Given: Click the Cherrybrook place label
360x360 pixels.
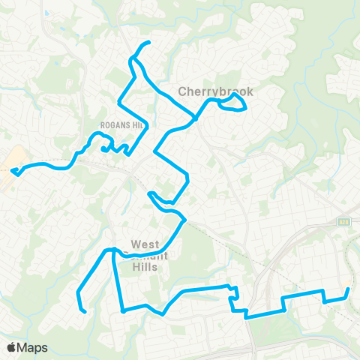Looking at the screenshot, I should point(215,91).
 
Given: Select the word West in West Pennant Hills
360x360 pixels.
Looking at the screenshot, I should point(145,244).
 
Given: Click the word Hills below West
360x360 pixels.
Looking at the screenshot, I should point(145,266).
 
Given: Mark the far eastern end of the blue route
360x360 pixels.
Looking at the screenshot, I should point(348,289).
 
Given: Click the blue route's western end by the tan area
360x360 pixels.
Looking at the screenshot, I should point(13,171).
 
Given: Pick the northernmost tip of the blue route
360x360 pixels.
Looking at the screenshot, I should point(150,42).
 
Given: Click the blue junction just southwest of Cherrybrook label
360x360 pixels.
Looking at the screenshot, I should point(196,118).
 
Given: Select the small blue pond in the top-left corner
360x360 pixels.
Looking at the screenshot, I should point(46,13).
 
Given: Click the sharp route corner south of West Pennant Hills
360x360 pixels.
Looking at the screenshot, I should point(121,310).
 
